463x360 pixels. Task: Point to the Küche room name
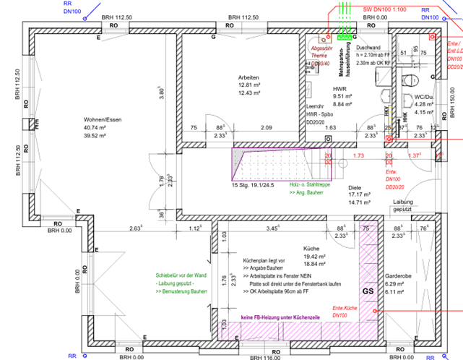point(312,247)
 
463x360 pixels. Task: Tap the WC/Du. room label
point(423,95)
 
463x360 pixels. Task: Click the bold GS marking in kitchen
point(368,291)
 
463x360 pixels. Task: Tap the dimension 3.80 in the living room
point(163,93)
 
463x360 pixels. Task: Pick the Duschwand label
point(368,47)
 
